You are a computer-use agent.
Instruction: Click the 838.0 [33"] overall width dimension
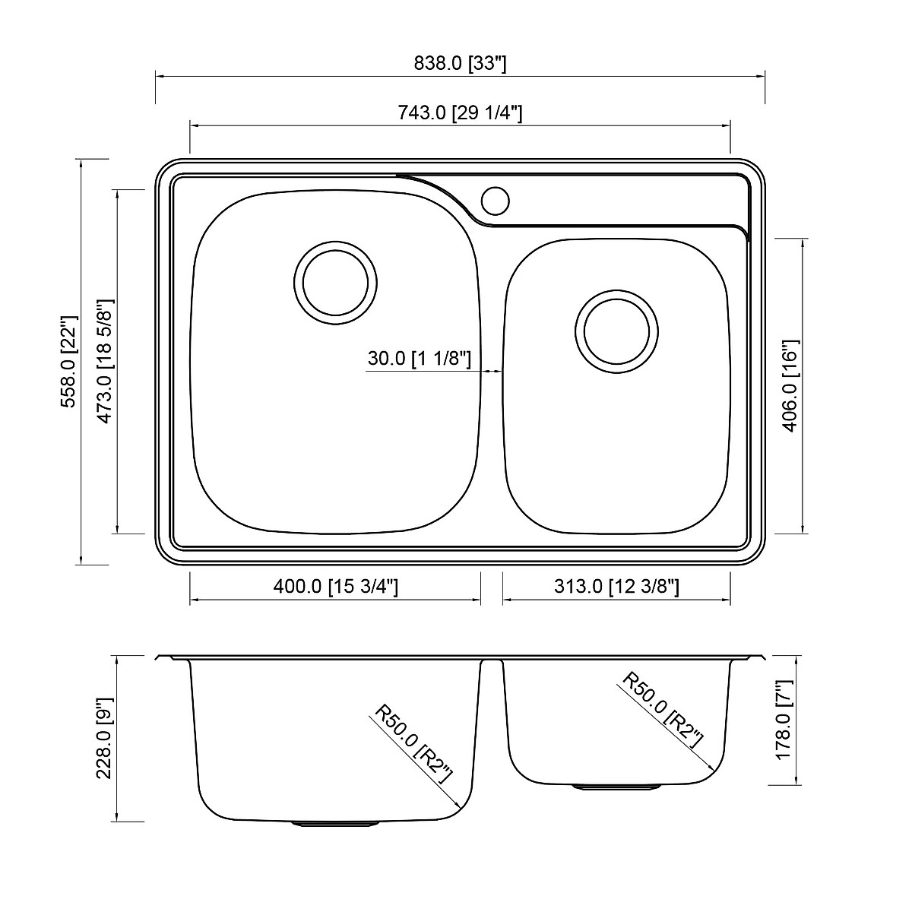460,63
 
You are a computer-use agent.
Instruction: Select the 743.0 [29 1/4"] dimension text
460,113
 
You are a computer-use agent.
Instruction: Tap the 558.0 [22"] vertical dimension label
68,362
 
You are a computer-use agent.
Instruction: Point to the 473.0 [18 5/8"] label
105,361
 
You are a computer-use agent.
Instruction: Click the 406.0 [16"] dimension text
790,386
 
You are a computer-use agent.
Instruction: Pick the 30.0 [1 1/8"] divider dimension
420,358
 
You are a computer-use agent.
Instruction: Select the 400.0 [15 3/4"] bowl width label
336,587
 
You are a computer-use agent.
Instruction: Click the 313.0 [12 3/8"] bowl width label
616,587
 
